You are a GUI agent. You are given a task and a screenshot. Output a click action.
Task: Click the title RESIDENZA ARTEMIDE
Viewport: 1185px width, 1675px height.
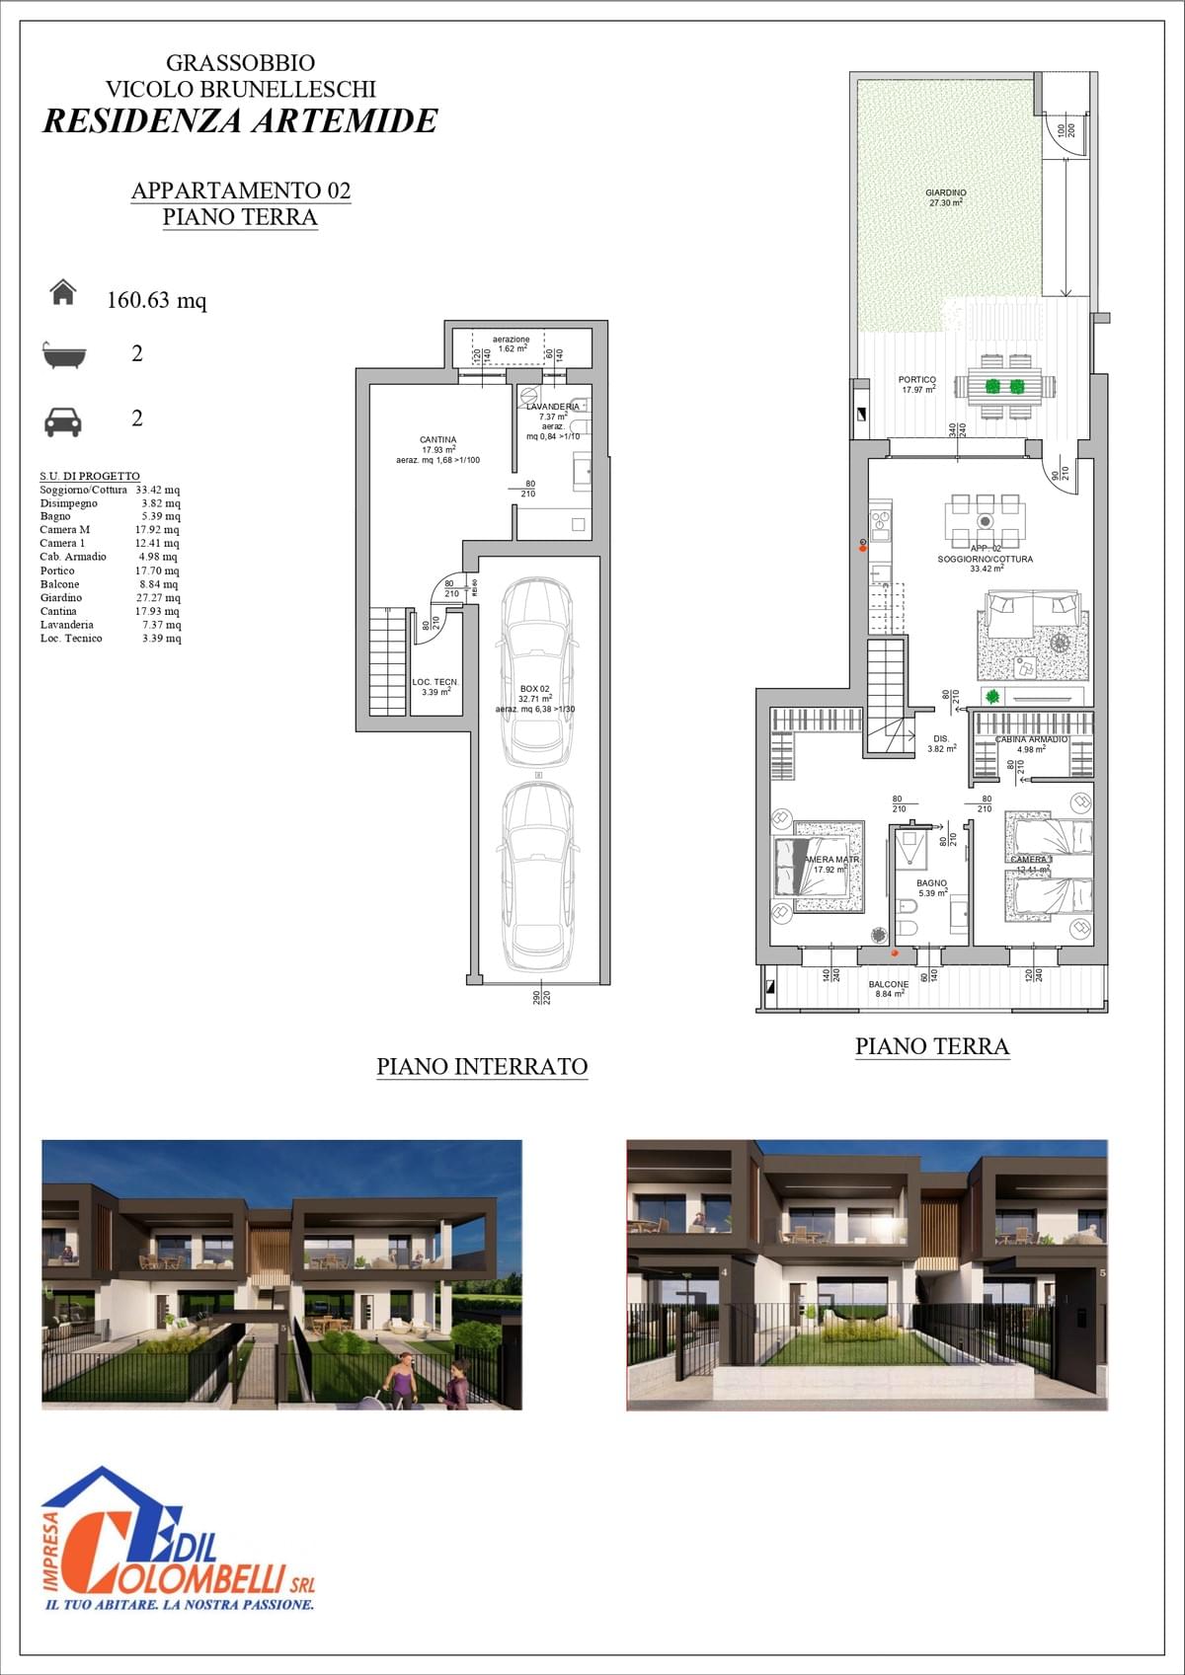[x=240, y=120]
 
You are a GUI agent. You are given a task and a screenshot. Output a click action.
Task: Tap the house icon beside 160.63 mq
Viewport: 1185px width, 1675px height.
[x=63, y=293]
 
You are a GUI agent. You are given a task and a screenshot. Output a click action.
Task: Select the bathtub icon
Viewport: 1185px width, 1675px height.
[x=64, y=354]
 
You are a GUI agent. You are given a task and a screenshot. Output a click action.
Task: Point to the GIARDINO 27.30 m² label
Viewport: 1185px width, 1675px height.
[x=946, y=197]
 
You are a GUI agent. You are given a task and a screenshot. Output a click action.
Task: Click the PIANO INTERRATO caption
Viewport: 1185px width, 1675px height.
[x=482, y=1066]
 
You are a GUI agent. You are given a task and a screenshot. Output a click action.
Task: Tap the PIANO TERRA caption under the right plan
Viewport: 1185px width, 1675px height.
[x=931, y=1046]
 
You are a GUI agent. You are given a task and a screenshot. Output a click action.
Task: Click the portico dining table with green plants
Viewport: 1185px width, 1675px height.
[x=1006, y=386]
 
